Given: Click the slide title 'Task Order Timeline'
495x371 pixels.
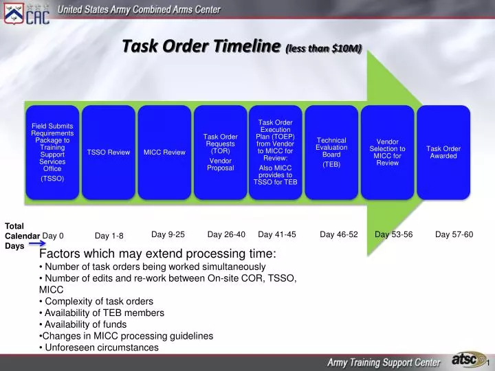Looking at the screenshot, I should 202,46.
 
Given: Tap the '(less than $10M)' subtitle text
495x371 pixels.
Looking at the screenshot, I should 324,47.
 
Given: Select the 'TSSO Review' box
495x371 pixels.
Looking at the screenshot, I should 109,152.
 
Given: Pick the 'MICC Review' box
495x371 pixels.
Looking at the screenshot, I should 164,152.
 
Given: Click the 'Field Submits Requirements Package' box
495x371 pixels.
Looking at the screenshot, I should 52,152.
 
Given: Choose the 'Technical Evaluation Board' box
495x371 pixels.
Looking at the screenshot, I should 331,152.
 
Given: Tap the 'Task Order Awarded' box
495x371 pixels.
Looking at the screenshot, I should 443,152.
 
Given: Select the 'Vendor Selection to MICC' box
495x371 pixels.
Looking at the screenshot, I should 387,152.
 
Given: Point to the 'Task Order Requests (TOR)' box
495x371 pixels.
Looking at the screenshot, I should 220,152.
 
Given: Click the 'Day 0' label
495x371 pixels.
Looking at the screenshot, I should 53,236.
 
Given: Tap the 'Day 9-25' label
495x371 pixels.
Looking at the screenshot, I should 168,234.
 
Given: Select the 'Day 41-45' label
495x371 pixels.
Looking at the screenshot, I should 277,234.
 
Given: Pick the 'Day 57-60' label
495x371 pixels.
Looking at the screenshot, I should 454,234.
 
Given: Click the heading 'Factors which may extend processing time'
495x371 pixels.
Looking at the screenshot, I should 157,254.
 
